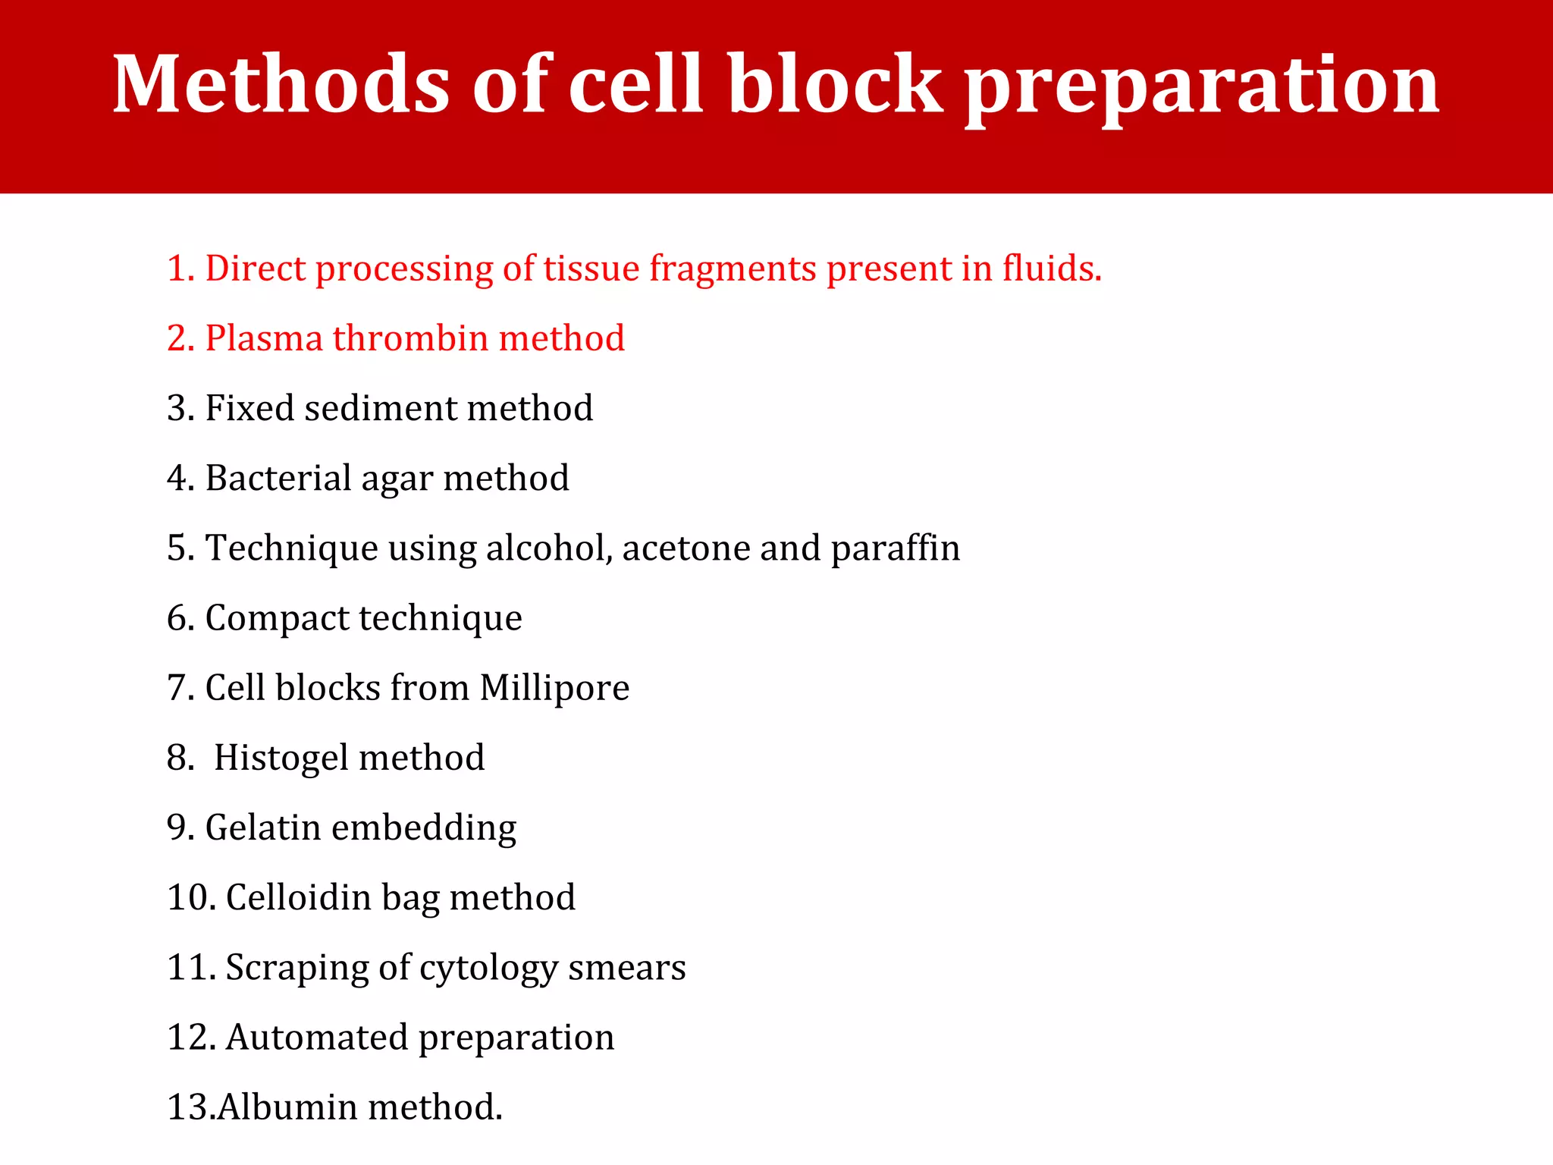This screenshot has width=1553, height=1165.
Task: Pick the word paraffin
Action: [x=896, y=548]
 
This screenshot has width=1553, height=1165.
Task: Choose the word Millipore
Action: [x=554, y=688]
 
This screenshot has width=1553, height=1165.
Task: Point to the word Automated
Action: [x=317, y=1037]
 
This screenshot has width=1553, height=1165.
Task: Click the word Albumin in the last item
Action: [x=287, y=1107]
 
